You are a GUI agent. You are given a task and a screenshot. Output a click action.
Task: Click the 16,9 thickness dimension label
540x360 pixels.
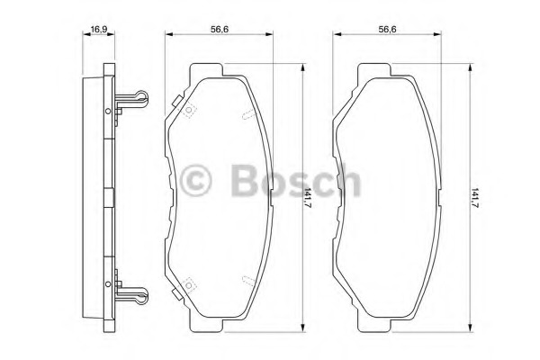(x=98, y=30)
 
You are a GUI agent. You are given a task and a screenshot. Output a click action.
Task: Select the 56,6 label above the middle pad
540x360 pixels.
(x=220, y=30)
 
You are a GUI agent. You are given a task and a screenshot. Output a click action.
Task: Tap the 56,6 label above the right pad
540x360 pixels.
(x=387, y=30)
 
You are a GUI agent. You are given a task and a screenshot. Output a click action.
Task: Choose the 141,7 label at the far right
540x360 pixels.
(x=475, y=199)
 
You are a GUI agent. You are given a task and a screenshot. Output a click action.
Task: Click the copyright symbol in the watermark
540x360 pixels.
(x=195, y=180)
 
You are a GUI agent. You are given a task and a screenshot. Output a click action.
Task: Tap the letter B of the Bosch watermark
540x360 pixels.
(x=245, y=179)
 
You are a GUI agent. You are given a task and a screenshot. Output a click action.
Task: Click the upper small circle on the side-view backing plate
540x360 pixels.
(x=108, y=112)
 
